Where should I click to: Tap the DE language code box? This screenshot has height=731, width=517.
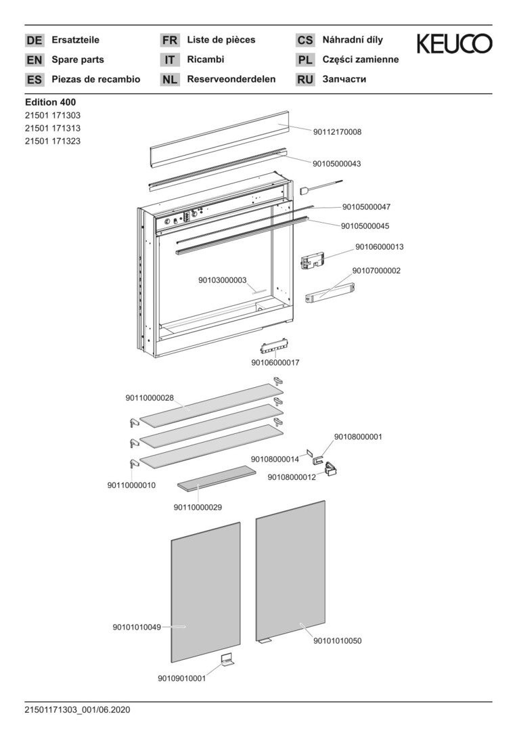(35, 41)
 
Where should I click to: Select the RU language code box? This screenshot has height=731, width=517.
(305, 80)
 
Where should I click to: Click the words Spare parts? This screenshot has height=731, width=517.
(78, 60)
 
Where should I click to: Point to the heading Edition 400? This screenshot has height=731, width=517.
(50, 102)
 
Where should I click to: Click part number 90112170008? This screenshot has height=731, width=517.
(337, 132)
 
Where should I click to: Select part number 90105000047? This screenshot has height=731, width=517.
(366, 207)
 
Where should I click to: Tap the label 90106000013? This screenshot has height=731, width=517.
(380, 247)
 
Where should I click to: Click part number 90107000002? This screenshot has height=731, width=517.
(376, 271)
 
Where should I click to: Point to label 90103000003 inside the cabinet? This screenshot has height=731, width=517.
(223, 280)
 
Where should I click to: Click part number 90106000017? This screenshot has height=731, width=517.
(275, 363)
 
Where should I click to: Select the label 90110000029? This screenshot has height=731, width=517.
(198, 507)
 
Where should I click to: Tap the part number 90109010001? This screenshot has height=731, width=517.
(182, 678)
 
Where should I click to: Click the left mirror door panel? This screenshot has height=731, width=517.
(206, 592)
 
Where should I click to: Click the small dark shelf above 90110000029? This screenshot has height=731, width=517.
(217, 477)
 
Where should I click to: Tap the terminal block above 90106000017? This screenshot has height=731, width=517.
(274, 347)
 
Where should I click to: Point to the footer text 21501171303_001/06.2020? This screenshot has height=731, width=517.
(77, 710)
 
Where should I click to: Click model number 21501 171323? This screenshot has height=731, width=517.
(53, 141)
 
